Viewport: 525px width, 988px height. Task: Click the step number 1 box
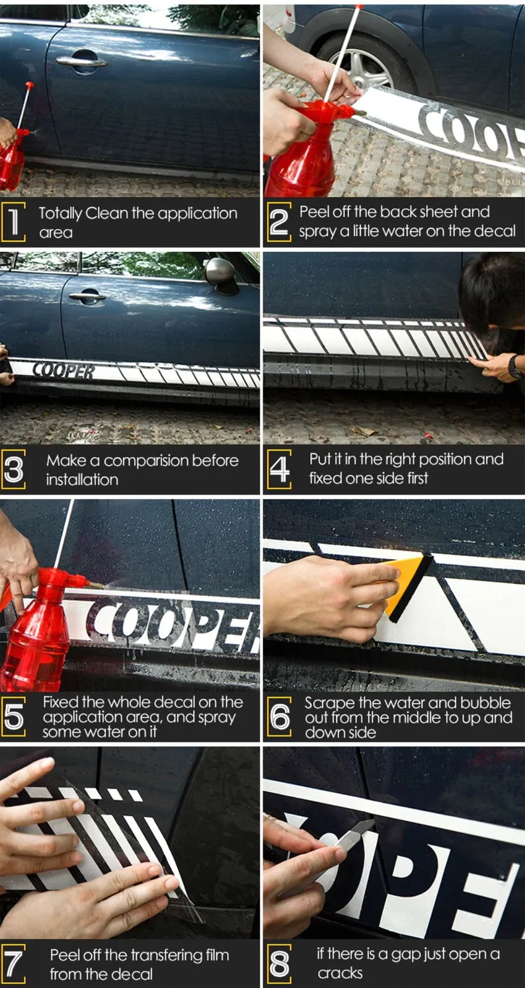[x=13, y=222]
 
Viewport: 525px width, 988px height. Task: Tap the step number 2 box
[x=279, y=222]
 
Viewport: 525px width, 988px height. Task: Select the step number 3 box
[x=13, y=470]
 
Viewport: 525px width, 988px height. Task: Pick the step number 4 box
[x=279, y=470]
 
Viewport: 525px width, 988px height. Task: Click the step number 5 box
[x=13, y=717]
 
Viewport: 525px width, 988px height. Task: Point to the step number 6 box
[x=279, y=717]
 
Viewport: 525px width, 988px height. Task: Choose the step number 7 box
[x=13, y=964]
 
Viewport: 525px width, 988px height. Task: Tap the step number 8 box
[x=279, y=964]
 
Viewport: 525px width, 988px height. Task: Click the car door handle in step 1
[x=81, y=61]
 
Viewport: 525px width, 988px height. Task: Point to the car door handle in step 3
[x=87, y=296]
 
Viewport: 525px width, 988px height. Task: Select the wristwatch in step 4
[x=514, y=367]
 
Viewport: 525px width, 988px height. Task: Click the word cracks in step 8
[x=340, y=973]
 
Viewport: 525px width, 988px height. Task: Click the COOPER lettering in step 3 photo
[x=64, y=370]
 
